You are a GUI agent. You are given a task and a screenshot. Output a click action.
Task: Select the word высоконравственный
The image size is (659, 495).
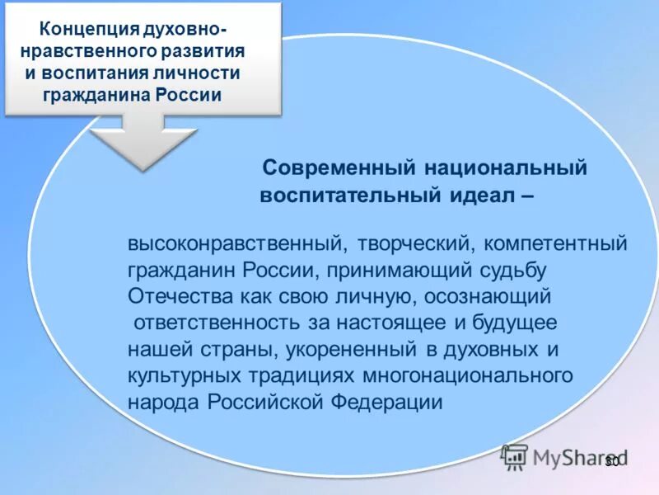tap(235, 245)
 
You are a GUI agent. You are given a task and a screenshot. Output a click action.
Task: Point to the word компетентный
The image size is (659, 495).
tap(556, 245)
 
